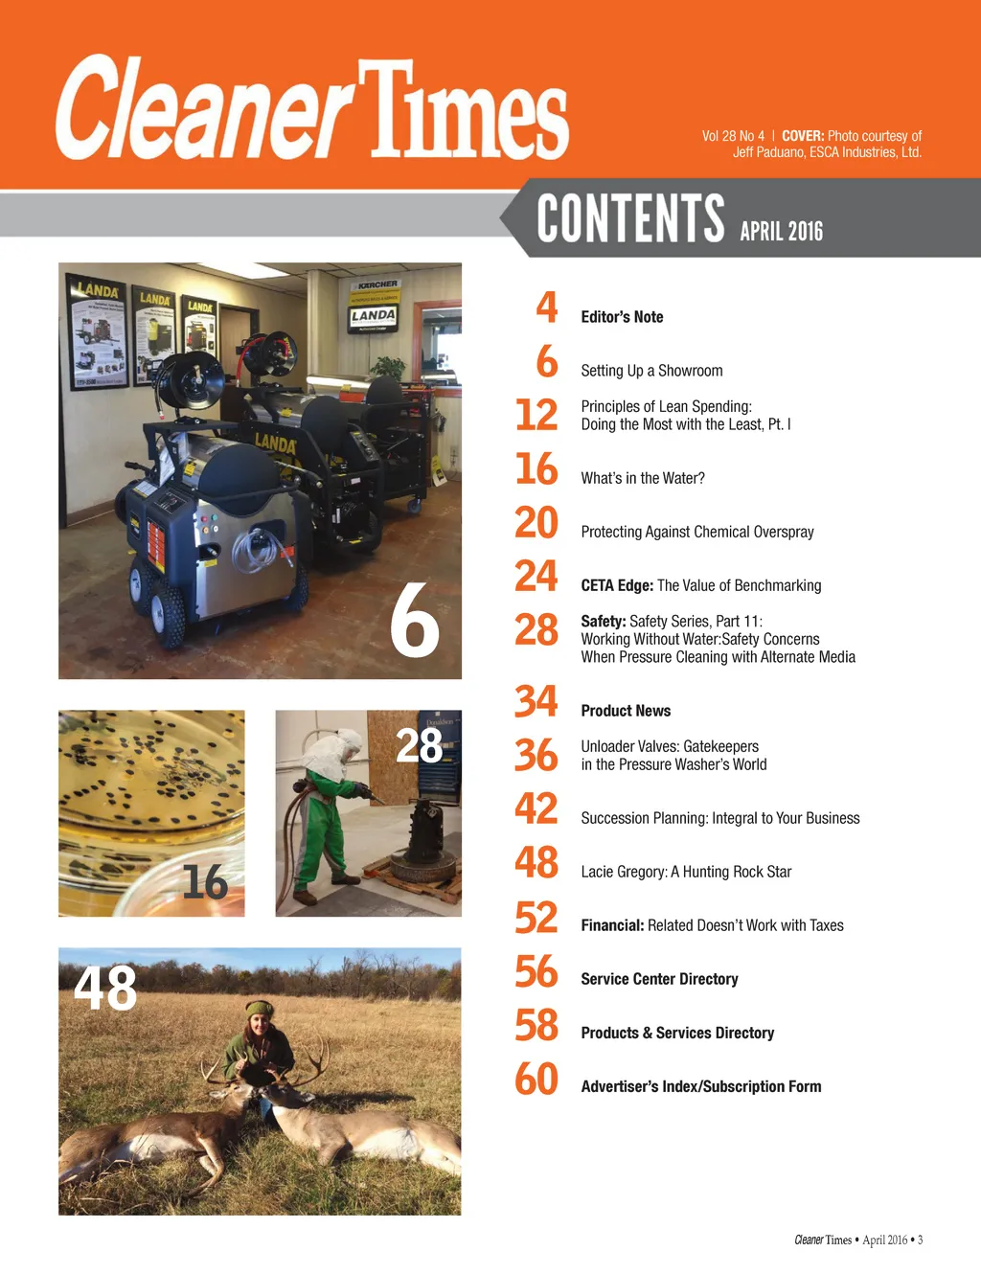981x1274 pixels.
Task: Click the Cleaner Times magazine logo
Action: click(x=312, y=108)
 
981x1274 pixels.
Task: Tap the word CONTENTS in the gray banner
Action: click(x=630, y=218)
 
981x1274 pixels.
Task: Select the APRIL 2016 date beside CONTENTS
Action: click(x=781, y=231)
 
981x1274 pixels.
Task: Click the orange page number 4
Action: click(x=546, y=307)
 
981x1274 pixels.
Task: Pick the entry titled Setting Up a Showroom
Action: click(x=651, y=371)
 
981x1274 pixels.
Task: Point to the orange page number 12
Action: click(x=536, y=415)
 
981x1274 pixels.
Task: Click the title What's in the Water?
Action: click(x=643, y=478)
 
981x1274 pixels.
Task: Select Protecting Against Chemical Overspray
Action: click(x=697, y=532)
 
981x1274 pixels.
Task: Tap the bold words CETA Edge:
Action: click(x=617, y=585)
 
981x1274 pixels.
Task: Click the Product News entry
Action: click(x=626, y=711)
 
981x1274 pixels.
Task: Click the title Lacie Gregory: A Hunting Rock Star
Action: click(x=686, y=872)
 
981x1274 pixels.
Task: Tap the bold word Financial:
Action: click(x=612, y=925)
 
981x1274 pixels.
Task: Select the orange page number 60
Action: click(x=536, y=1079)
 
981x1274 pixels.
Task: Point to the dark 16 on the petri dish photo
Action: click(x=205, y=882)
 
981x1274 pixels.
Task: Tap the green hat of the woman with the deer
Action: click(x=260, y=1009)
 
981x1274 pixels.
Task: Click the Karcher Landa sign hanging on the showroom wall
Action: click(x=373, y=306)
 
